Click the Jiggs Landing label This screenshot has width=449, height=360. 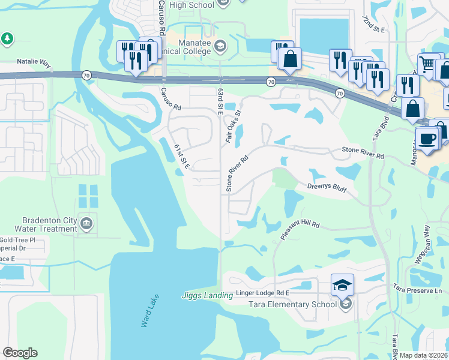click(x=207, y=295)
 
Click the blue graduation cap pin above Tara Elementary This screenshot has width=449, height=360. click(x=342, y=285)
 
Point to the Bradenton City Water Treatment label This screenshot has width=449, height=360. click(x=49, y=224)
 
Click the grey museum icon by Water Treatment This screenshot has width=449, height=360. click(x=87, y=224)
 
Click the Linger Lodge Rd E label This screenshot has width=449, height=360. click(x=262, y=292)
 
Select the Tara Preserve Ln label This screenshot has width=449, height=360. click(x=418, y=290)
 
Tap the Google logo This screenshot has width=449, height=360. click(x=20, y=353)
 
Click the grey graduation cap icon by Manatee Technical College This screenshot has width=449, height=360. click(x=220, y=46)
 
